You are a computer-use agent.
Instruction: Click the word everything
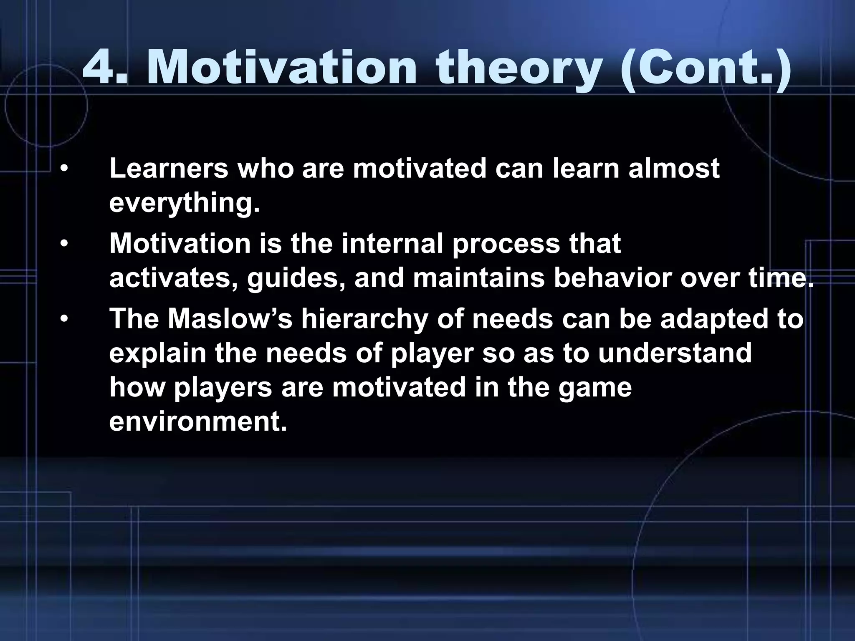(x=184, y=204)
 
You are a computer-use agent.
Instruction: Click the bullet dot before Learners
(x=63, y=169)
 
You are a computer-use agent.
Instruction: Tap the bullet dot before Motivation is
(x=63, y=245)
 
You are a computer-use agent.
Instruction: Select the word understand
(x=675, y=353)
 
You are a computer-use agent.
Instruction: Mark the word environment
(x=198, y=421)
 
